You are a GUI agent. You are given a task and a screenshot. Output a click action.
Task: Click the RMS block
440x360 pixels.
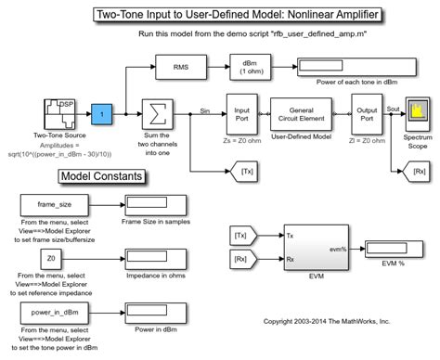coord(183,68)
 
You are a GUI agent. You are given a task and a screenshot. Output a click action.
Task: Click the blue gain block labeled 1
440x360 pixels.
coord(104,114)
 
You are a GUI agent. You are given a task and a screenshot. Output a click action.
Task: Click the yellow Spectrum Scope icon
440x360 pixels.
coord(417,112)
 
